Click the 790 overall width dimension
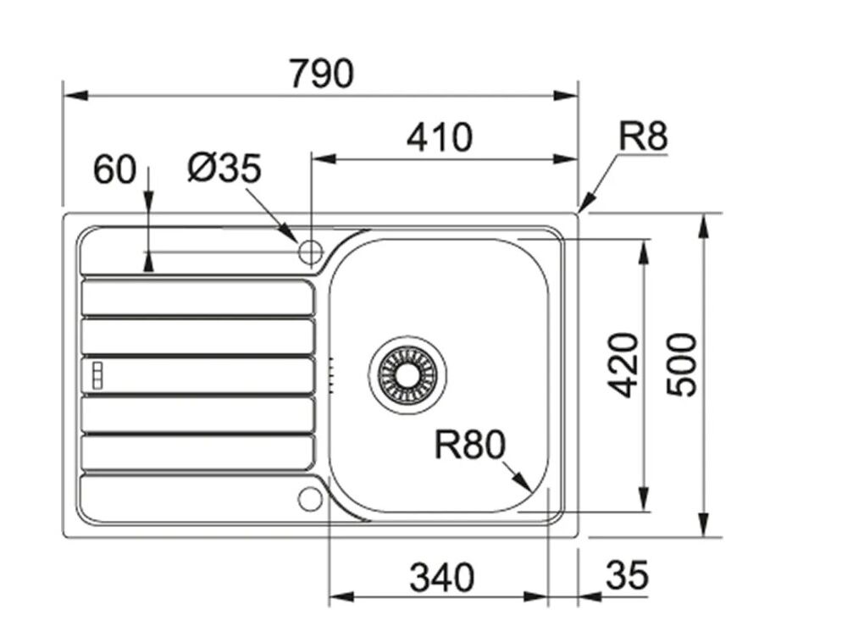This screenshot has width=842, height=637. [x=320, y=75]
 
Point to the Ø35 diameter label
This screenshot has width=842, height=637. [x=224, y=169]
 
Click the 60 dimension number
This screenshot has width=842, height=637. [x=114, y=170]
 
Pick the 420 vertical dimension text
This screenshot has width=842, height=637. [x=625, y=365]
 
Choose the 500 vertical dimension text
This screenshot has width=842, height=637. [x=682, y=365]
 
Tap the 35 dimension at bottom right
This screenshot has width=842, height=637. [x=627, y=576]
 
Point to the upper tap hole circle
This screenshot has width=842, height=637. [x=310, y=252]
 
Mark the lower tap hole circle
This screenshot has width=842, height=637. [x=310, y=498]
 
